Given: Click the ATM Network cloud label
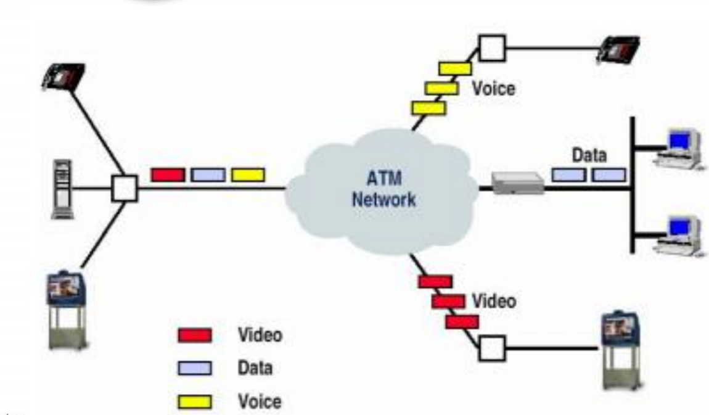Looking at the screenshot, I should pyautogui.click(x=384, y=189).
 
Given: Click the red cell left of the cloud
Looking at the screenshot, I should pyautogui.click(x=167, y=175).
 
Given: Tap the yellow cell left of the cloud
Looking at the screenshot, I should pyautogui.click(x=248, y=175).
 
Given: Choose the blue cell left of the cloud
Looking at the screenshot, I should pyautogui.click(x=208, y=175).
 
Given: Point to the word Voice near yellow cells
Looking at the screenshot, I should pyautogui.click(x=493, y=88).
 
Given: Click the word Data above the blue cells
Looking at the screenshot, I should pyautogui.click(x=589, y=155).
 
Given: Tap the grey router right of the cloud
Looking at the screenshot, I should pyautogui.click(x=518, y=182).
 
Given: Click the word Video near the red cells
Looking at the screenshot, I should pyautogui.click(x=494, y=302).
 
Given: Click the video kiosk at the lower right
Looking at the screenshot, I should pyautogui.click(x=621, y=348).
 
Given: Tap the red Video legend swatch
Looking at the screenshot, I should pyautogui.click(x=195, y=335).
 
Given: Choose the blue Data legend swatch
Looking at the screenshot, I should pyautogui.click(x=195, y=369).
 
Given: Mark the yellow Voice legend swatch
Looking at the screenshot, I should pyautogui.click(x=195, y=402).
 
